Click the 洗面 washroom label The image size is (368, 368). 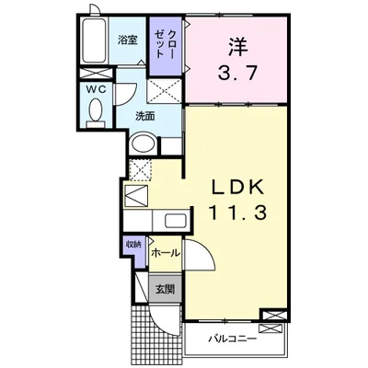coord(144,116)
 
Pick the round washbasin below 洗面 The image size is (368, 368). coord(143,144)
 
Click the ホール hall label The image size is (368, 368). coord(164,251)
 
